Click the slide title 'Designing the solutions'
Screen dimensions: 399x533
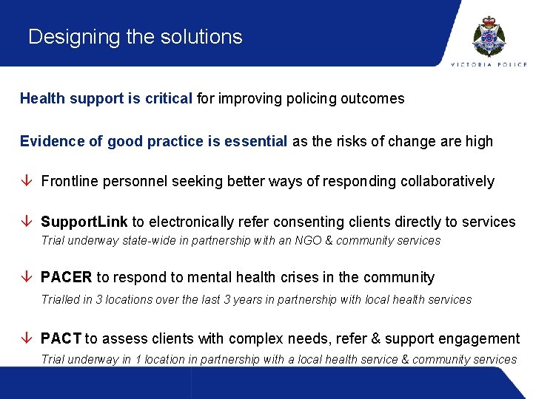[135, 37]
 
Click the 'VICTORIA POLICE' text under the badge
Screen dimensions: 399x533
[489, 64]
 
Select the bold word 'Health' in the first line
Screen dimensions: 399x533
[43, 98]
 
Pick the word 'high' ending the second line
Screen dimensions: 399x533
[477, 141]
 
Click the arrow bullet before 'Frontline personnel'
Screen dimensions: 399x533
[27, 181]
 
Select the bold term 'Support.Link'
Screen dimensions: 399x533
[84, 222]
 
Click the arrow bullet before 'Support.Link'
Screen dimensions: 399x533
[27, 222]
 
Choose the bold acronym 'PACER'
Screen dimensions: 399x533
[67, 278]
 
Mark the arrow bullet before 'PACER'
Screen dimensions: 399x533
[27, 278]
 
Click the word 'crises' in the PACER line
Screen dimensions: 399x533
[301, 278]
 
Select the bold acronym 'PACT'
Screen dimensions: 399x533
[61, 338]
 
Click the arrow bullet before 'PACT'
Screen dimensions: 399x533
[27, 338]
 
